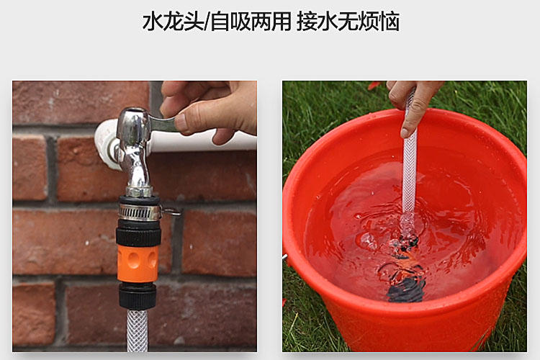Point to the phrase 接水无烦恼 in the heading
click(348, 22)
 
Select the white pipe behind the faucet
click(209, 140)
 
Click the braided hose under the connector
click(137, 331)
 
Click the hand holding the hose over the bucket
click(414, 101)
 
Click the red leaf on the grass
click(374, 86)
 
